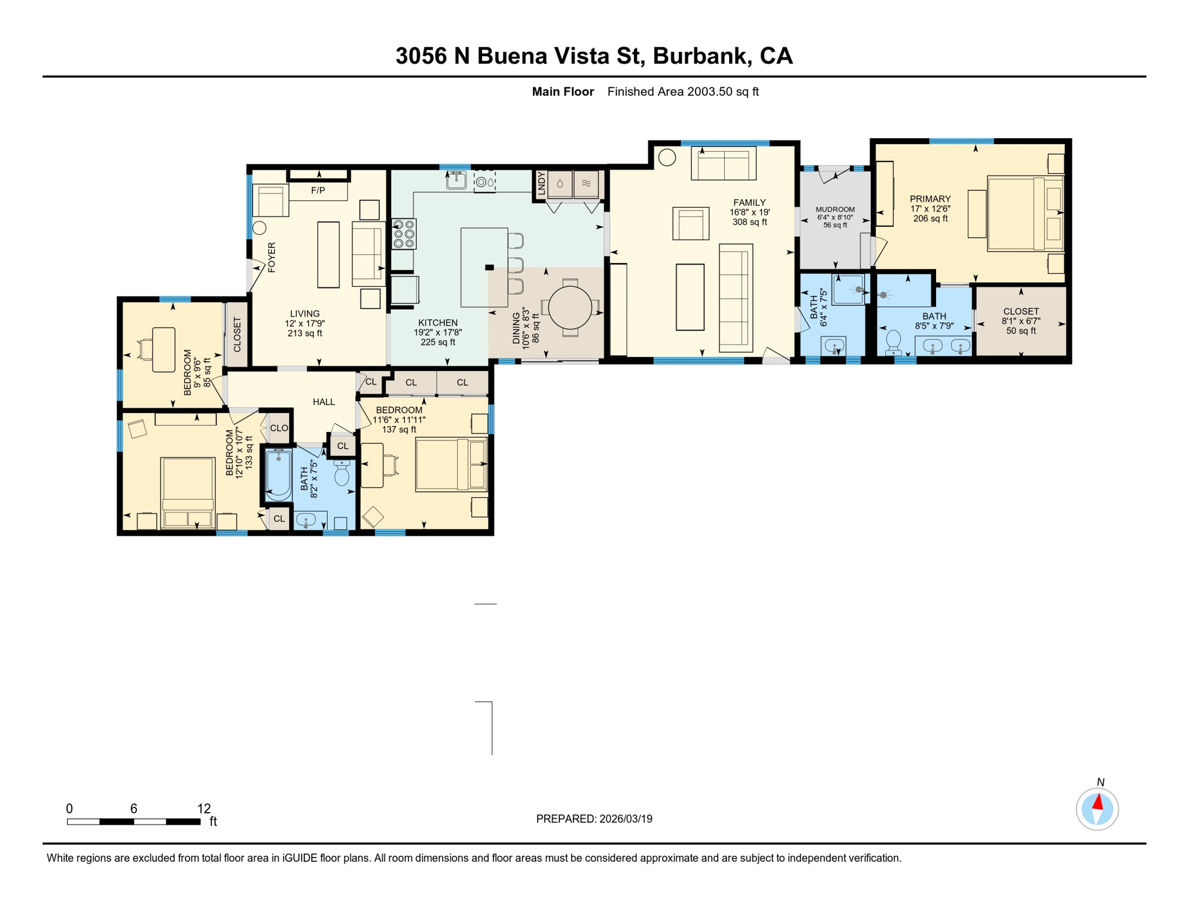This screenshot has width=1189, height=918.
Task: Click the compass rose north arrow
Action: [x=1097, y=805]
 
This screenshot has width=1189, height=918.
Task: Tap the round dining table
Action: [x=570, y=308]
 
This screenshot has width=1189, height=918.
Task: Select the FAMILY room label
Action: [x=749, y=203]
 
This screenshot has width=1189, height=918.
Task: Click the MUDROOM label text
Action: [x=835, y=209]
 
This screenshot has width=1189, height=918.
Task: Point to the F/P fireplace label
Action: [x=318, y=191]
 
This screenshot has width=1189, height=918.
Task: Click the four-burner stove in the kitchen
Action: [x=404, y=234]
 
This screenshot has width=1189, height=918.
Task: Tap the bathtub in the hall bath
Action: [x=278, y=475]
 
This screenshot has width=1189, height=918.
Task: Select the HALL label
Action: [x=324, y=402]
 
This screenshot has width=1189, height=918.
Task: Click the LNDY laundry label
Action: [x=541, y=183]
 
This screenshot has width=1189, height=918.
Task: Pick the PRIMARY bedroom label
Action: [x=930, y=199]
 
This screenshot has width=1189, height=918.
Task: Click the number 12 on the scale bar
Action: [x=204, y=809]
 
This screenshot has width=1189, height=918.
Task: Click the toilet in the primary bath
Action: [x=894, y=342]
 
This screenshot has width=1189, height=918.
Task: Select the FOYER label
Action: [x=272, y=257]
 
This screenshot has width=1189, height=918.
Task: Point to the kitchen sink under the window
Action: [x=456, y=180]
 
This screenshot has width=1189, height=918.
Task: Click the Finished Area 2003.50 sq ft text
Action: [x=682, y=91]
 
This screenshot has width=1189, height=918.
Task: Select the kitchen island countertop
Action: [x=483, y=267]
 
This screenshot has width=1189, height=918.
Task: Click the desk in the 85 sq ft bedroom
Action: [x=163, y=350]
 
